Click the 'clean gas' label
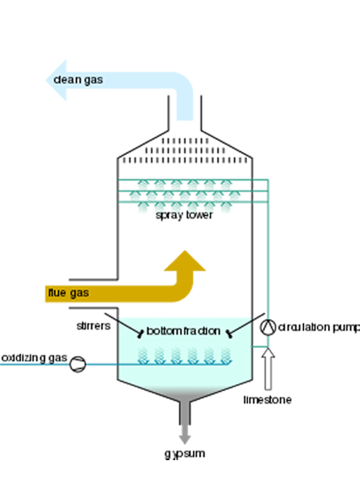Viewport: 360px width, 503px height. tap(78, 80)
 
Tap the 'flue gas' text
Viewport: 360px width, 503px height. tap(68, 293)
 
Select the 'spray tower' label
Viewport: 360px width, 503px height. tap(184, 215)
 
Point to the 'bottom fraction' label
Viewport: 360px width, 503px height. tap(183, 331)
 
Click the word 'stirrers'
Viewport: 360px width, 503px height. tap(94, 326)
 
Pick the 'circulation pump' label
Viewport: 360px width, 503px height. tap(319, 327)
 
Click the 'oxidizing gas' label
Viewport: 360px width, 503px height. tap(34, 358)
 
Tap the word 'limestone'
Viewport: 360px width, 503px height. tap(268, 400)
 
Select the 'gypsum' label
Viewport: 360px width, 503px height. tap(185, 454)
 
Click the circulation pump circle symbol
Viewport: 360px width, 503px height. tap(268, 327)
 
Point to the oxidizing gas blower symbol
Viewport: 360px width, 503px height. tap(78, 364)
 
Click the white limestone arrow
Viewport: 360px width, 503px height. tap(269, 369)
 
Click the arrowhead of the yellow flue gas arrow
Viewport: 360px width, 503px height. tap(185, 261)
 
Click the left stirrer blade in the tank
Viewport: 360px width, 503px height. tap(141, 334)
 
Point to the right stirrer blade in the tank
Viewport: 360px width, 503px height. tap(229, 334)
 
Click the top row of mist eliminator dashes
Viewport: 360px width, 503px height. tap(185, 141)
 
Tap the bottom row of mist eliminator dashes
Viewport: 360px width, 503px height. tap(185, 160)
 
